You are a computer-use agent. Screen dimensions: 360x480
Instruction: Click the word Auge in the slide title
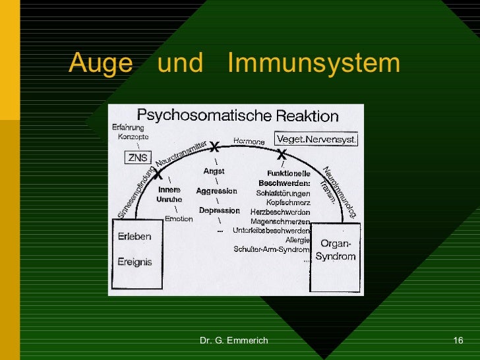click(x=96, y=64)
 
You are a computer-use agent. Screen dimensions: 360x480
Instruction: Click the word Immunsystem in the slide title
click(x=313, y=64)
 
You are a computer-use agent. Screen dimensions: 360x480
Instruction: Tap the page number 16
click(x=458, y=340)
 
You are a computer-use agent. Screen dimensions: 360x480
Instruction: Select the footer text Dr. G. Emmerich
click(x=233, y=340)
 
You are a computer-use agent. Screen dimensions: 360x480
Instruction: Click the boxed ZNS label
click(x=138, y=158)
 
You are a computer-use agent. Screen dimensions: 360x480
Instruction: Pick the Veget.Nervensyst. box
click(x=316, y=140)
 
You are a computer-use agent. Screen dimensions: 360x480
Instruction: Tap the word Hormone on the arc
click(x=249, y=142)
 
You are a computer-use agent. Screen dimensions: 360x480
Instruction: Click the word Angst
click(x=214, y=171)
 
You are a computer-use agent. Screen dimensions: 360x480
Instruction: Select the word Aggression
click(x=216, y=191)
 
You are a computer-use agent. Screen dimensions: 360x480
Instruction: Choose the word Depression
click(x=219, y=210)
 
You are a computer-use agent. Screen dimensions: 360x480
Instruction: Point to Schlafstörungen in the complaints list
click(x=284, y=193)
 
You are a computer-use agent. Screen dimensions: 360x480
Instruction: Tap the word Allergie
click(x=297, y=240)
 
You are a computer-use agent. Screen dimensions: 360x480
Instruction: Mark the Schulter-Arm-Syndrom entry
click(x=271, y=249)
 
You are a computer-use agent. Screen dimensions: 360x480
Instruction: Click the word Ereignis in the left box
click(x=135, y=262)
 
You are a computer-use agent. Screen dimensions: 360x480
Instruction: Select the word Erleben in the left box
click(x=135, y=237)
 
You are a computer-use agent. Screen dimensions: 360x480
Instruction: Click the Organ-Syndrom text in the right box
click(x=335, y=250)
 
